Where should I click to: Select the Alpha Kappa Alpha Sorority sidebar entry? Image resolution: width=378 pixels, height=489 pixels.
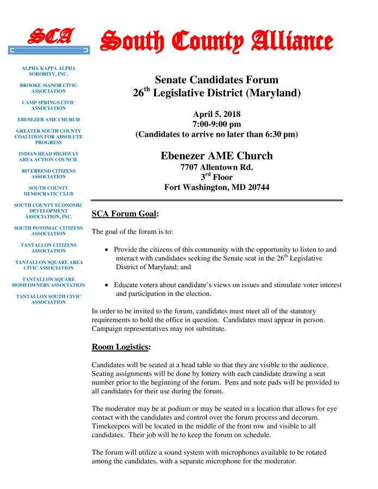tap(48, 71)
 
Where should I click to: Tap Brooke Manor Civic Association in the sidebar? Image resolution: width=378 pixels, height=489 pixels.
tap(48, 88)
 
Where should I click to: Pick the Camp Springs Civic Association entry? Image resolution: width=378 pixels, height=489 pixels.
tap(48, 105)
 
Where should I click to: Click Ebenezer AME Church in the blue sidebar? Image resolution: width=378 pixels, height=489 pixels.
tap(48, 119)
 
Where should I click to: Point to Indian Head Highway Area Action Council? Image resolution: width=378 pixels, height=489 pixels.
tap(48, 157)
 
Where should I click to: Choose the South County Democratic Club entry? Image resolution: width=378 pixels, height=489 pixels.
tap(48, 190)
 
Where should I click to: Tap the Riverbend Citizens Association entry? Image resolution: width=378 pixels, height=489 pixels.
tap(48, 174)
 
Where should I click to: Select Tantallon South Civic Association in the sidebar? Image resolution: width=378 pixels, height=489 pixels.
tap(48, 299)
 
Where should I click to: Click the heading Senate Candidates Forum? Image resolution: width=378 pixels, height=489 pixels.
tap(216, 81)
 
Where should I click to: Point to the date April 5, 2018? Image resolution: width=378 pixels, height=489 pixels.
tap(216, 114)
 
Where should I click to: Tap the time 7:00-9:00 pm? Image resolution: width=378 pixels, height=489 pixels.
tap(216, 124)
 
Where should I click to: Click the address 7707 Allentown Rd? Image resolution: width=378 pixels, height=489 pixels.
tap(216, 167)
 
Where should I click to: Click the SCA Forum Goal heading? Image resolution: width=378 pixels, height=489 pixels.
tap(125, 214)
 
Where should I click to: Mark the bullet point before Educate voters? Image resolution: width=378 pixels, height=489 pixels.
tap(109, 285)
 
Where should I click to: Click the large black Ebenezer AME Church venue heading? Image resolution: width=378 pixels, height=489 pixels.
tap(216, 156)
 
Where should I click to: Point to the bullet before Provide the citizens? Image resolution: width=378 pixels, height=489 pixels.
tap(109, 250)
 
